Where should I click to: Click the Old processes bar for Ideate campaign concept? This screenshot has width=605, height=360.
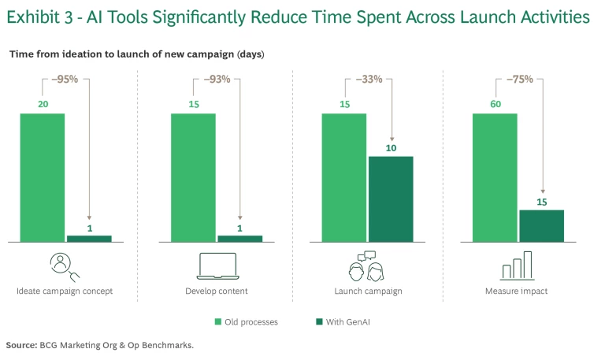pos(43,177)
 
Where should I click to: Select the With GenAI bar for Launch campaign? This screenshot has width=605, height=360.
pos(391,199)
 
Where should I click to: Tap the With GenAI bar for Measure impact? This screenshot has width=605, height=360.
pos(541,225)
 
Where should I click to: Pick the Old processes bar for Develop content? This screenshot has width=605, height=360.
pos(193,177)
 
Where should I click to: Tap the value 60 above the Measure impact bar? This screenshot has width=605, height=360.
pos(495,104)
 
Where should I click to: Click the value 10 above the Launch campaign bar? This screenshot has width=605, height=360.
pos(391,147)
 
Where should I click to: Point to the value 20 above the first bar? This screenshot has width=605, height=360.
pos(43,104)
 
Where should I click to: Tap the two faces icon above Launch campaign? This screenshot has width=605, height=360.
pos(366,266)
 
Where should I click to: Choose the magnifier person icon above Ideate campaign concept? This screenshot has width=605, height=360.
pos(64,266)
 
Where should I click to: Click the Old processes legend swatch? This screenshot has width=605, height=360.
pos(218,321)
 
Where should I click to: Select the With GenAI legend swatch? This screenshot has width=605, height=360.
pos(319,321)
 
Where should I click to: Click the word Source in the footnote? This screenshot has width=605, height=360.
pos(20,345)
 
